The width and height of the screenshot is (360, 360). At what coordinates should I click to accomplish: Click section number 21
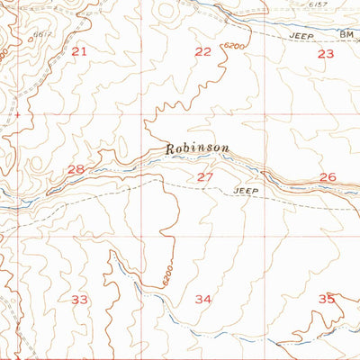pyautogui.click(x=80, y=52)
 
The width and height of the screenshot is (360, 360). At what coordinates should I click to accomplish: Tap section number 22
pyautogui.click(x=202, y=52)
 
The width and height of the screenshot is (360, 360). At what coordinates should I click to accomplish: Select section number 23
pyautogui.click(x=325, y=54)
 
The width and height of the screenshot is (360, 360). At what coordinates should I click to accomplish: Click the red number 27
pyautogui.click(x=205, y=177)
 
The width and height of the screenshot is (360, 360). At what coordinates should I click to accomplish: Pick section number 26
pyautogui.click(x=328, y=177)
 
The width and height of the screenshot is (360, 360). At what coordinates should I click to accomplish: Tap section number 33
pyautogui.click(x=80, y=298)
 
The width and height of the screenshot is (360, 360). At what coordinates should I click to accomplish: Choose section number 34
pyautogui.click(x=203, y=299)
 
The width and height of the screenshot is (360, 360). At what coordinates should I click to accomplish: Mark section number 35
pyautogui.click(x=327, y=299)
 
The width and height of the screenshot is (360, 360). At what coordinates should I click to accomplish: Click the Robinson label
pyautogui.click(x=197, y=148)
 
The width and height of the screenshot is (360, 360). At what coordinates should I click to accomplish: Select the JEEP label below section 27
pyautogui.click(x=246, y=192)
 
